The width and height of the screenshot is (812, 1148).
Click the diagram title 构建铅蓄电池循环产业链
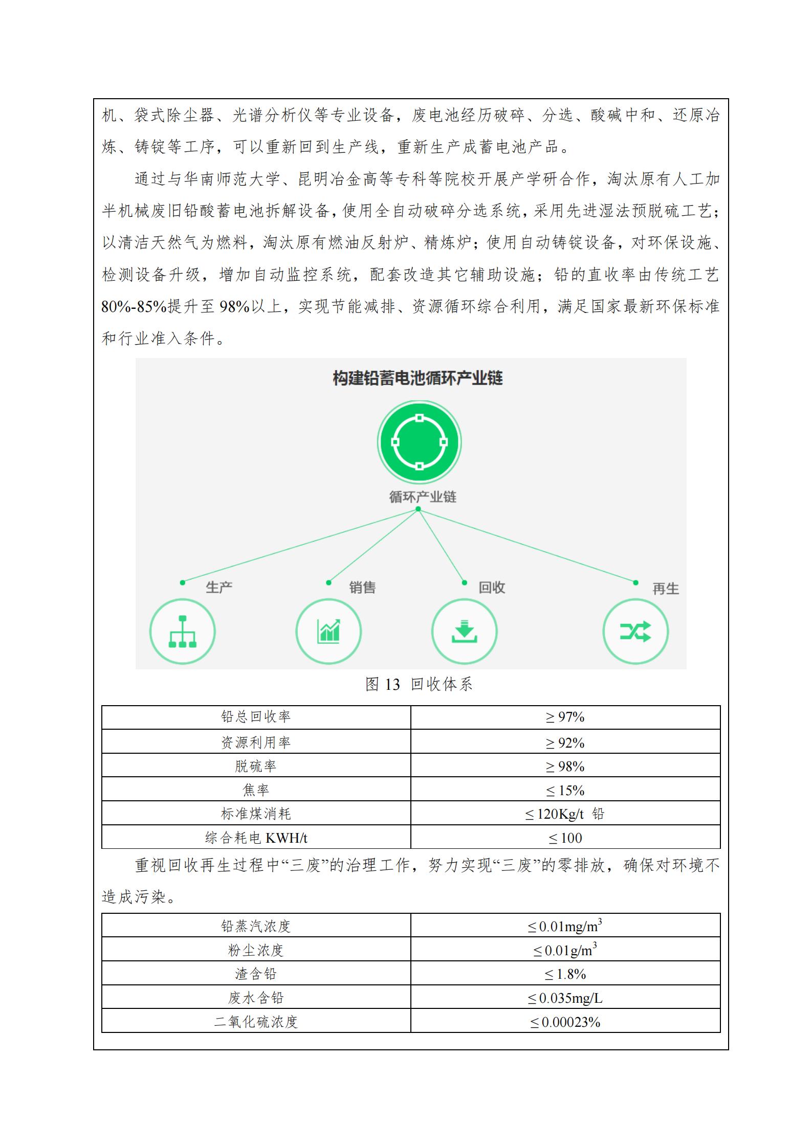pos(418,378)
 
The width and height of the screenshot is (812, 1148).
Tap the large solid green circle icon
pos(419,442)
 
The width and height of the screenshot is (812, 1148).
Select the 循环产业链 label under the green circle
pos(423,497)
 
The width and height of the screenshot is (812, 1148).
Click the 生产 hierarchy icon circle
pos(182,632)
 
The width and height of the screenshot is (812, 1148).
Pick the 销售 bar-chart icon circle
pos(328,632)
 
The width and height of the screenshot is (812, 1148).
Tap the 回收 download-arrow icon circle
pos(464,632)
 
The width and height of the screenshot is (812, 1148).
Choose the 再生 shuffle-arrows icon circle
pos(635,632)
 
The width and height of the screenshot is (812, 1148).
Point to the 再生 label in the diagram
pos(666,589)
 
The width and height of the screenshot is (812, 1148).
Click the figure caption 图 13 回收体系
pos(419,684)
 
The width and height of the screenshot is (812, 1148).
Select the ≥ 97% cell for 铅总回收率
pos(565,717)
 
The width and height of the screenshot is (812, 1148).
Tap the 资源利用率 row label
pos(256,742)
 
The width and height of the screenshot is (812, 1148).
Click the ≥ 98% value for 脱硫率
pos(565,766)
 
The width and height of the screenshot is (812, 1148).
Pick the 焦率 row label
pos(256,790)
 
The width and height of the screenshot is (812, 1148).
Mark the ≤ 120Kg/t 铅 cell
pos(565,814)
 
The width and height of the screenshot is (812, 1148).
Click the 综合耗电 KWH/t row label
pos(256,838)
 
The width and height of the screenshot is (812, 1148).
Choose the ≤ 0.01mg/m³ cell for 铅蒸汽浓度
pos(565,926)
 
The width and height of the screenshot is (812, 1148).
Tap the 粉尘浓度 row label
pos(256,950)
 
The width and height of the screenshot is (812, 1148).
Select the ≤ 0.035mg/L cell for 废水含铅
pos(565,998)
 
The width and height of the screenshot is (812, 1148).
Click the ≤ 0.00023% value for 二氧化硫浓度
pos(565,1022)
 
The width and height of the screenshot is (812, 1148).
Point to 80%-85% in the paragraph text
pos(134,307)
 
